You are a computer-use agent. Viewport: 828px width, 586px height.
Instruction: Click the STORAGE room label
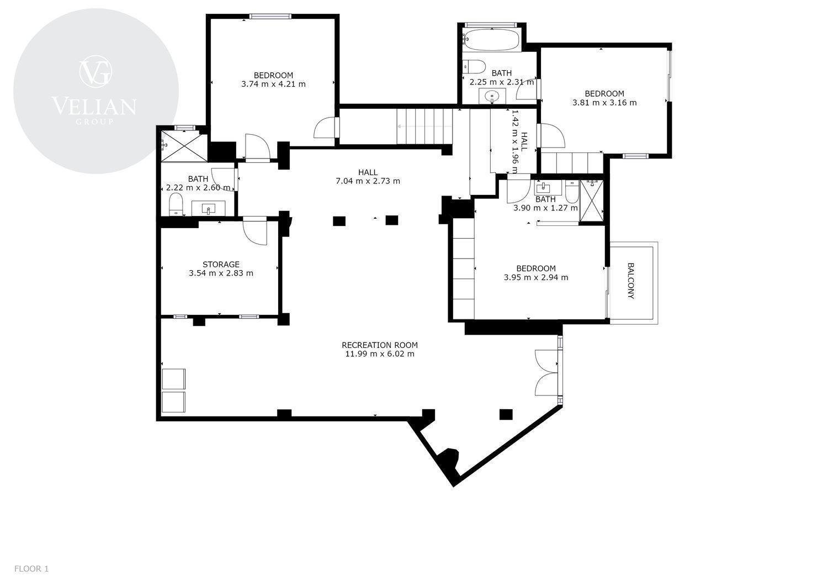tap(221, 264)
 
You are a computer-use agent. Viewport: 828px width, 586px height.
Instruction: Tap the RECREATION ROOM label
tap(380, 345)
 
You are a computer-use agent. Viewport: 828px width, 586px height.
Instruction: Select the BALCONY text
tap(630, 281)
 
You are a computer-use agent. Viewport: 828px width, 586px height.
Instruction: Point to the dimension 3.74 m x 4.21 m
tap(274, 84)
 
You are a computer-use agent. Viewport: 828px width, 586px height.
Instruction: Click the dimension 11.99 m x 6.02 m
tap(380, 353)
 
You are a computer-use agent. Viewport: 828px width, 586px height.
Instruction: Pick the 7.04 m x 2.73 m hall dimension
tap(368, 181)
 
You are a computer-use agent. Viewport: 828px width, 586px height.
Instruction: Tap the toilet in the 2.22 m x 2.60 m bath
tap(176, 204)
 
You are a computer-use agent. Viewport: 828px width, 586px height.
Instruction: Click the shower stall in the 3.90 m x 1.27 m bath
tap(591, 201)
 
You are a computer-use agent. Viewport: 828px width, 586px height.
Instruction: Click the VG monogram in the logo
tap(95, 71)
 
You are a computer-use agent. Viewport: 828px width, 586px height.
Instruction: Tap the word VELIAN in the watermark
tap(94, 106)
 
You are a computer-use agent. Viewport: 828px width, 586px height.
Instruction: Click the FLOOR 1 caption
tap(31, 569)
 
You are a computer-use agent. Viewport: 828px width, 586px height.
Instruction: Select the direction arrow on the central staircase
tap(424, 126)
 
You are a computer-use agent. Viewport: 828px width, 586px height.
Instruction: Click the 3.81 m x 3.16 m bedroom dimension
tap(604, 103)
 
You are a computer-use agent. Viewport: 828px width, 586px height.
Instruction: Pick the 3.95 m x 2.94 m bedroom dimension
tap(536, 277)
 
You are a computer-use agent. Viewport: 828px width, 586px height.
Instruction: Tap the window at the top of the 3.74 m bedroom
tap(270, 16)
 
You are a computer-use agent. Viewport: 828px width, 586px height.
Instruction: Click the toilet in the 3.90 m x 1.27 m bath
tap(572, 191)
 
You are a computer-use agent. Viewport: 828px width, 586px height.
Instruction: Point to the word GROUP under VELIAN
tap(94, 122)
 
